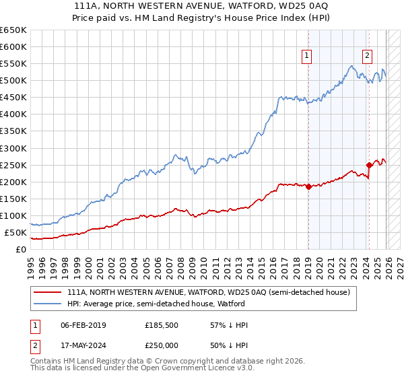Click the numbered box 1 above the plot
(307, 57)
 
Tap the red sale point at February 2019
(308, 186)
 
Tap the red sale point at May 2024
(369, 165)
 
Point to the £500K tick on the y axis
(13, 81)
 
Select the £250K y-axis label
(13, 165)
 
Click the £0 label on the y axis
(20, 250)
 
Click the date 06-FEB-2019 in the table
(83, 325)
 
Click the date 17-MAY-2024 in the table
(83, 344)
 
